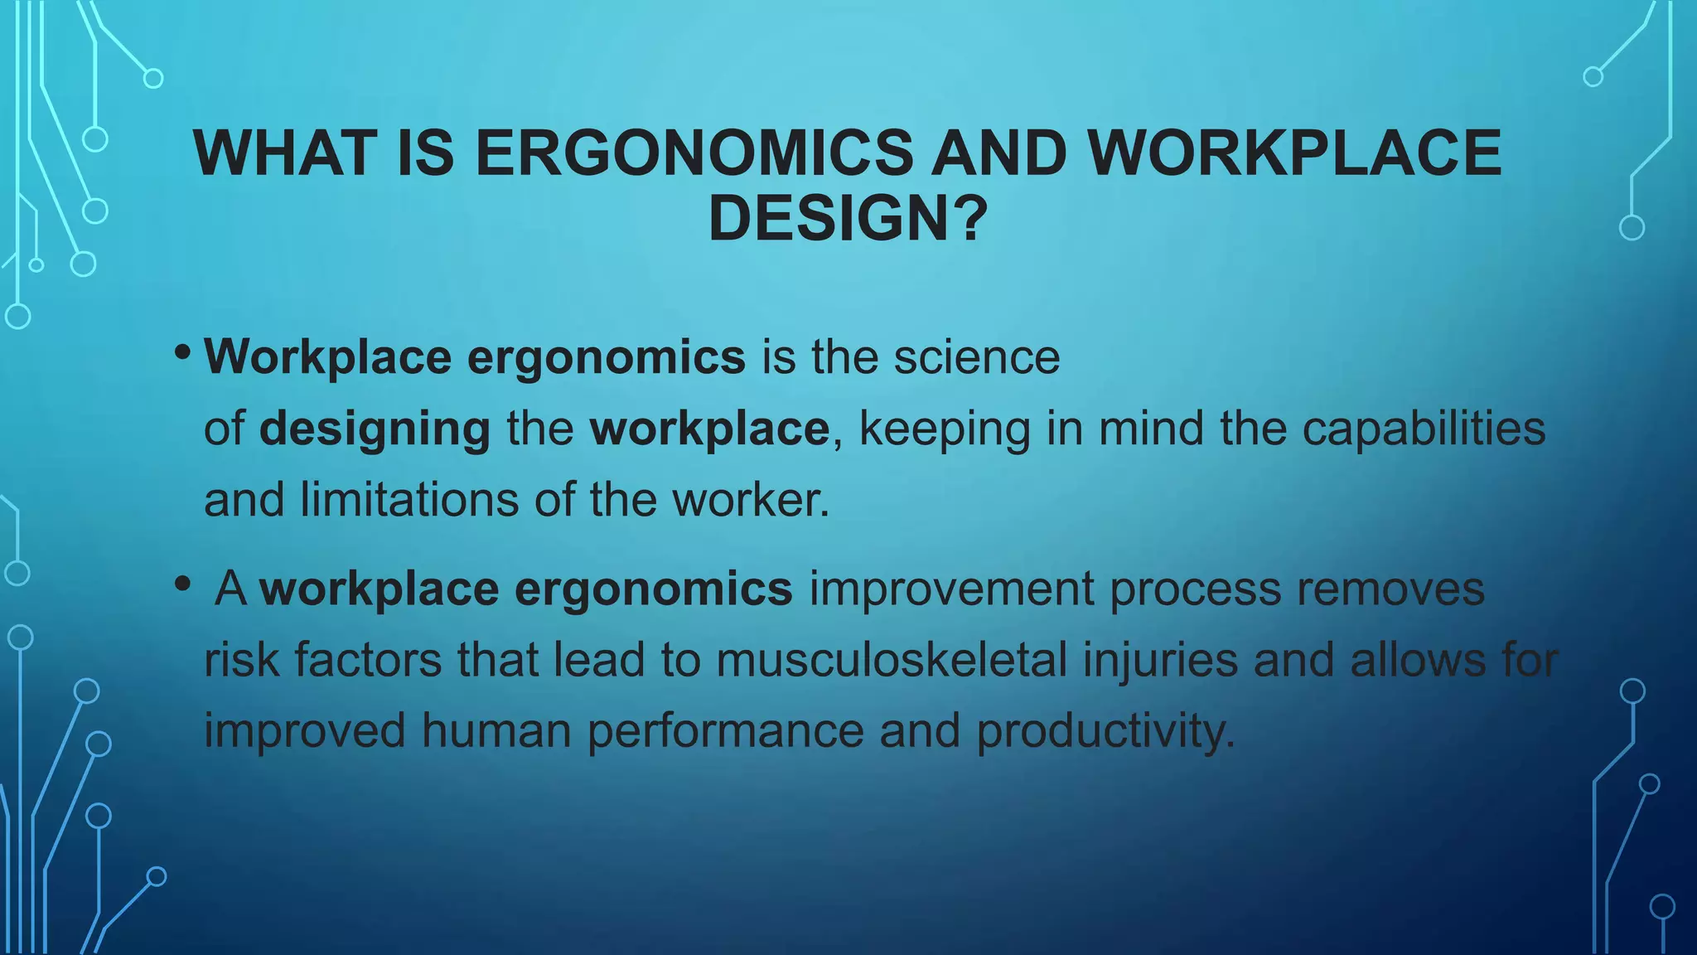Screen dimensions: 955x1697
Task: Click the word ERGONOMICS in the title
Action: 694,153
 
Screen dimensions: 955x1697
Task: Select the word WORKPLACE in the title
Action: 1294,153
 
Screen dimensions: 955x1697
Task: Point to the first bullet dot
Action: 183,353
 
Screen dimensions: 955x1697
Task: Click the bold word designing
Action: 375,429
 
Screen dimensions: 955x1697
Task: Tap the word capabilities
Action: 1424,429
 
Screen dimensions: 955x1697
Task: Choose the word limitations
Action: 409,500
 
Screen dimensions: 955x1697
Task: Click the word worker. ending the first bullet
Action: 751,500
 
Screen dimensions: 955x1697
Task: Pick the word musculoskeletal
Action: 892,661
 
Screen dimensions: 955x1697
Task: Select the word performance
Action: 725,732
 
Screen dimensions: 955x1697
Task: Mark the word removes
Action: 1390,589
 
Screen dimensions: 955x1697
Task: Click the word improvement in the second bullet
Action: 951,589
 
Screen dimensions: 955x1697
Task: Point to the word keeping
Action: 945,429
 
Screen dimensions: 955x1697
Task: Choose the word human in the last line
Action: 496,732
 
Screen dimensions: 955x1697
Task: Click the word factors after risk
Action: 367,661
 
